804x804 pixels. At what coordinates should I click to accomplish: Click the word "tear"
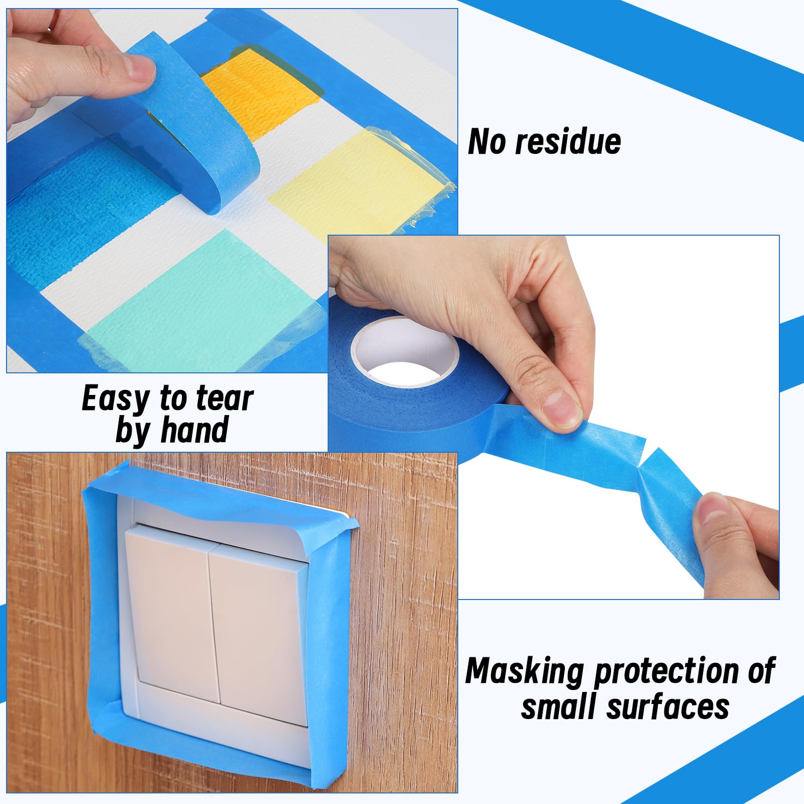tap(224, 399)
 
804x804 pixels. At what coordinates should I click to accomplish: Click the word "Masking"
tap(525, 672)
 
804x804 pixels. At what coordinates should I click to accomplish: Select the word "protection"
tap(666, 672)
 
